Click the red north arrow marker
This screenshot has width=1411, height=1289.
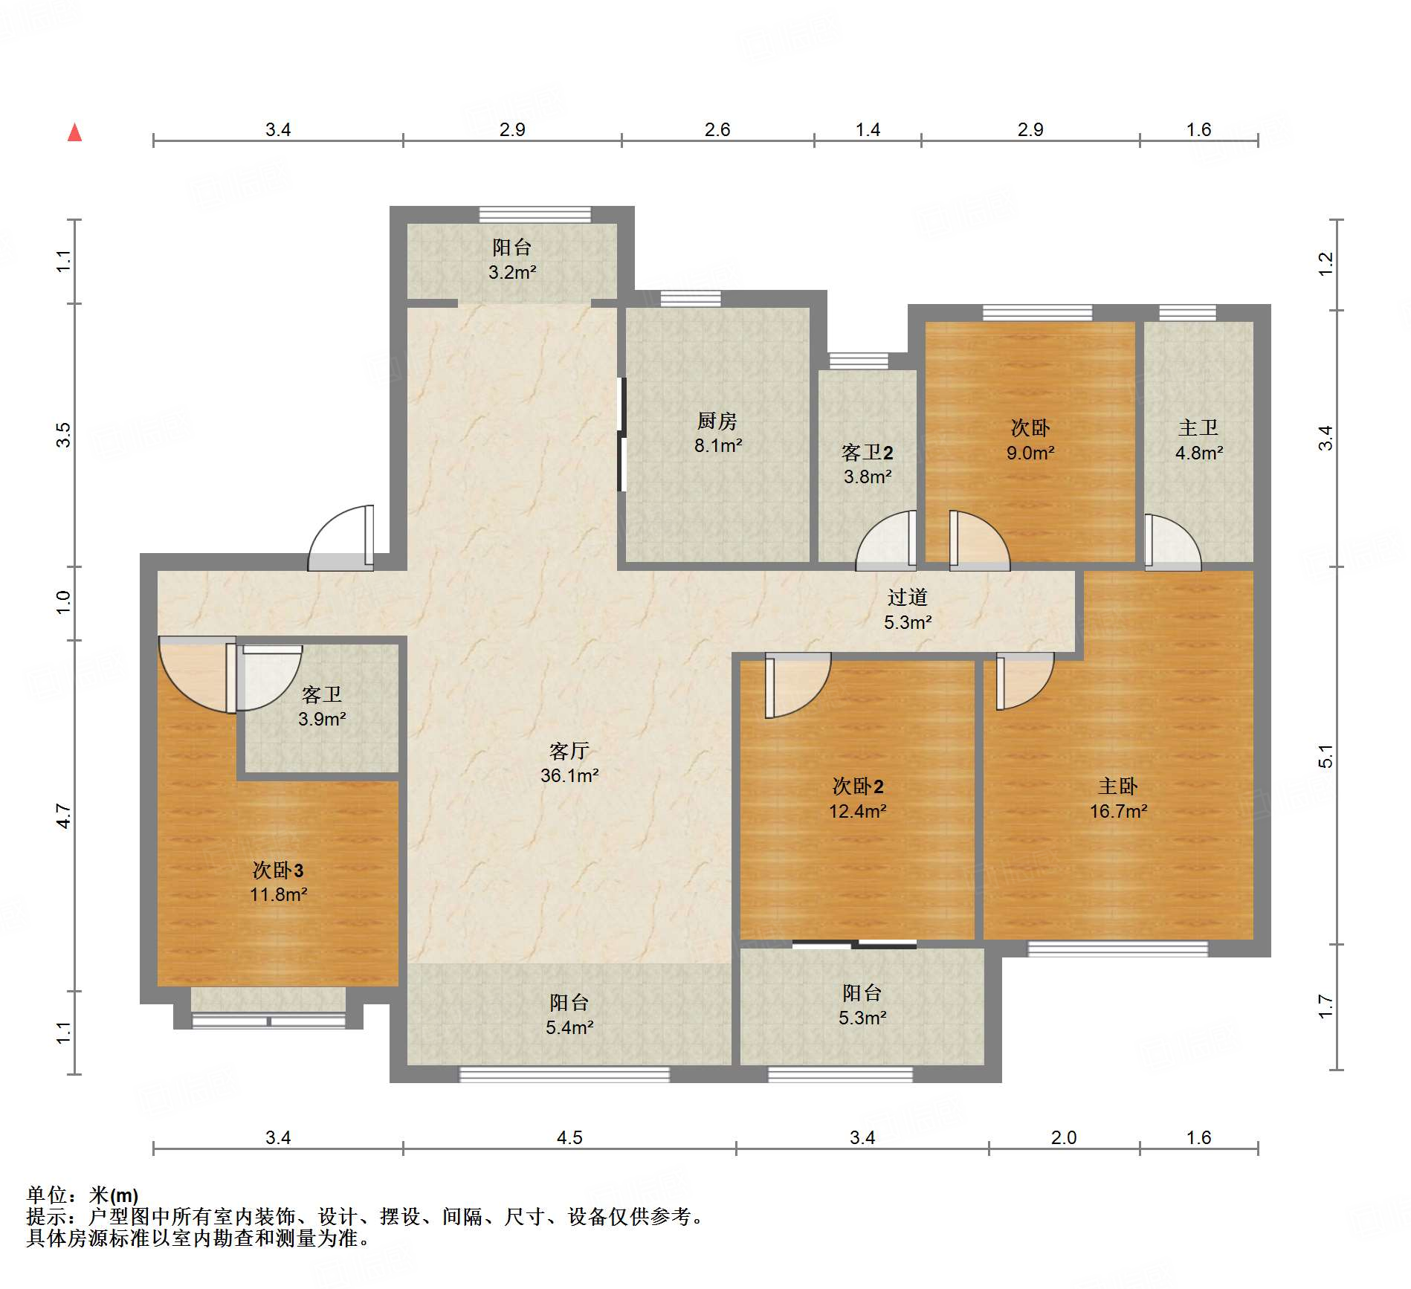click(74, 133)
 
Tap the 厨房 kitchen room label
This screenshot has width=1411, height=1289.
click(717, 421)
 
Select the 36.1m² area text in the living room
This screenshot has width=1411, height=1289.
click(569, 775)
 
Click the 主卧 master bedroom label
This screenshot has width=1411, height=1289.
click(1117, 786)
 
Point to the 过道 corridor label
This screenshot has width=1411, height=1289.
click(907, 597)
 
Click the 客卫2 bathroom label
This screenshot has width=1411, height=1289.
click(867, 452)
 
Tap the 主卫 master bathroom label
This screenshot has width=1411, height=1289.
click(1198, 427)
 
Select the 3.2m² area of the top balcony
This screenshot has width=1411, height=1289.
click(512, 272)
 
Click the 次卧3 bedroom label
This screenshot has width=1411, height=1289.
click(277, 870)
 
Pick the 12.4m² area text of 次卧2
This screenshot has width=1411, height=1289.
click(857, 811)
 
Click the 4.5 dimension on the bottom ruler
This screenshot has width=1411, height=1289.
click(569, 1137)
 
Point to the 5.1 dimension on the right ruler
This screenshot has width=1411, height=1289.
click(1326, 756)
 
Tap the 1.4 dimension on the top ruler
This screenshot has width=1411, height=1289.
click(867, 130)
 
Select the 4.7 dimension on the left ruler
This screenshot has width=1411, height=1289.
click(64, 815)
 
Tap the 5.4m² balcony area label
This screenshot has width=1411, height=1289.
click(569, 1027)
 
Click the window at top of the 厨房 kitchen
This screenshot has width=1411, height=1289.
click(690, 299)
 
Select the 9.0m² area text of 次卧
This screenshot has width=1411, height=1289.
click(1030, 453)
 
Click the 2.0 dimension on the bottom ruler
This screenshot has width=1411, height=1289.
click(1063, 1137)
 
